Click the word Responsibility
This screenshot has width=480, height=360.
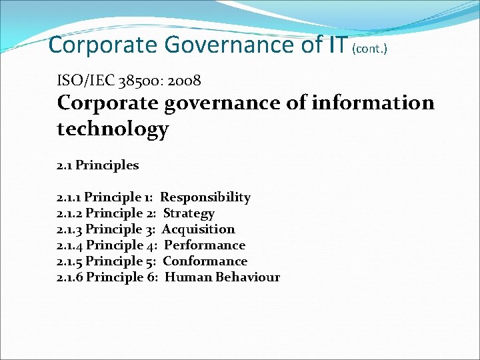click(205, 197)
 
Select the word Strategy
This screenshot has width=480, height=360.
click(189, 213)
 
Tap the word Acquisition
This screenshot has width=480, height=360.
click(199, 229)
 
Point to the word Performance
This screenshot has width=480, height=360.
click(205, 245)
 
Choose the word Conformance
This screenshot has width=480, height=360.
click(205, 261)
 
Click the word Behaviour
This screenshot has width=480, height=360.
click(248, 277)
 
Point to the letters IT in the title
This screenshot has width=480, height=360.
click(337, 45)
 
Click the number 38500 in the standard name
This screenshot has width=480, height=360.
click(137, 81)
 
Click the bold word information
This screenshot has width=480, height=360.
click(374, 103)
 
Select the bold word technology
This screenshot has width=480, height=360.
click(113, 129)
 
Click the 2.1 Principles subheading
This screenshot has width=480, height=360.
click(98, 165)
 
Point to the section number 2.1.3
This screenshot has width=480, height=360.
click(70, 229)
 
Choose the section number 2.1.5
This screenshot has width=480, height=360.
click(70, 261)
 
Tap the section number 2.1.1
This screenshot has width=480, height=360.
click(69, 197)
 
